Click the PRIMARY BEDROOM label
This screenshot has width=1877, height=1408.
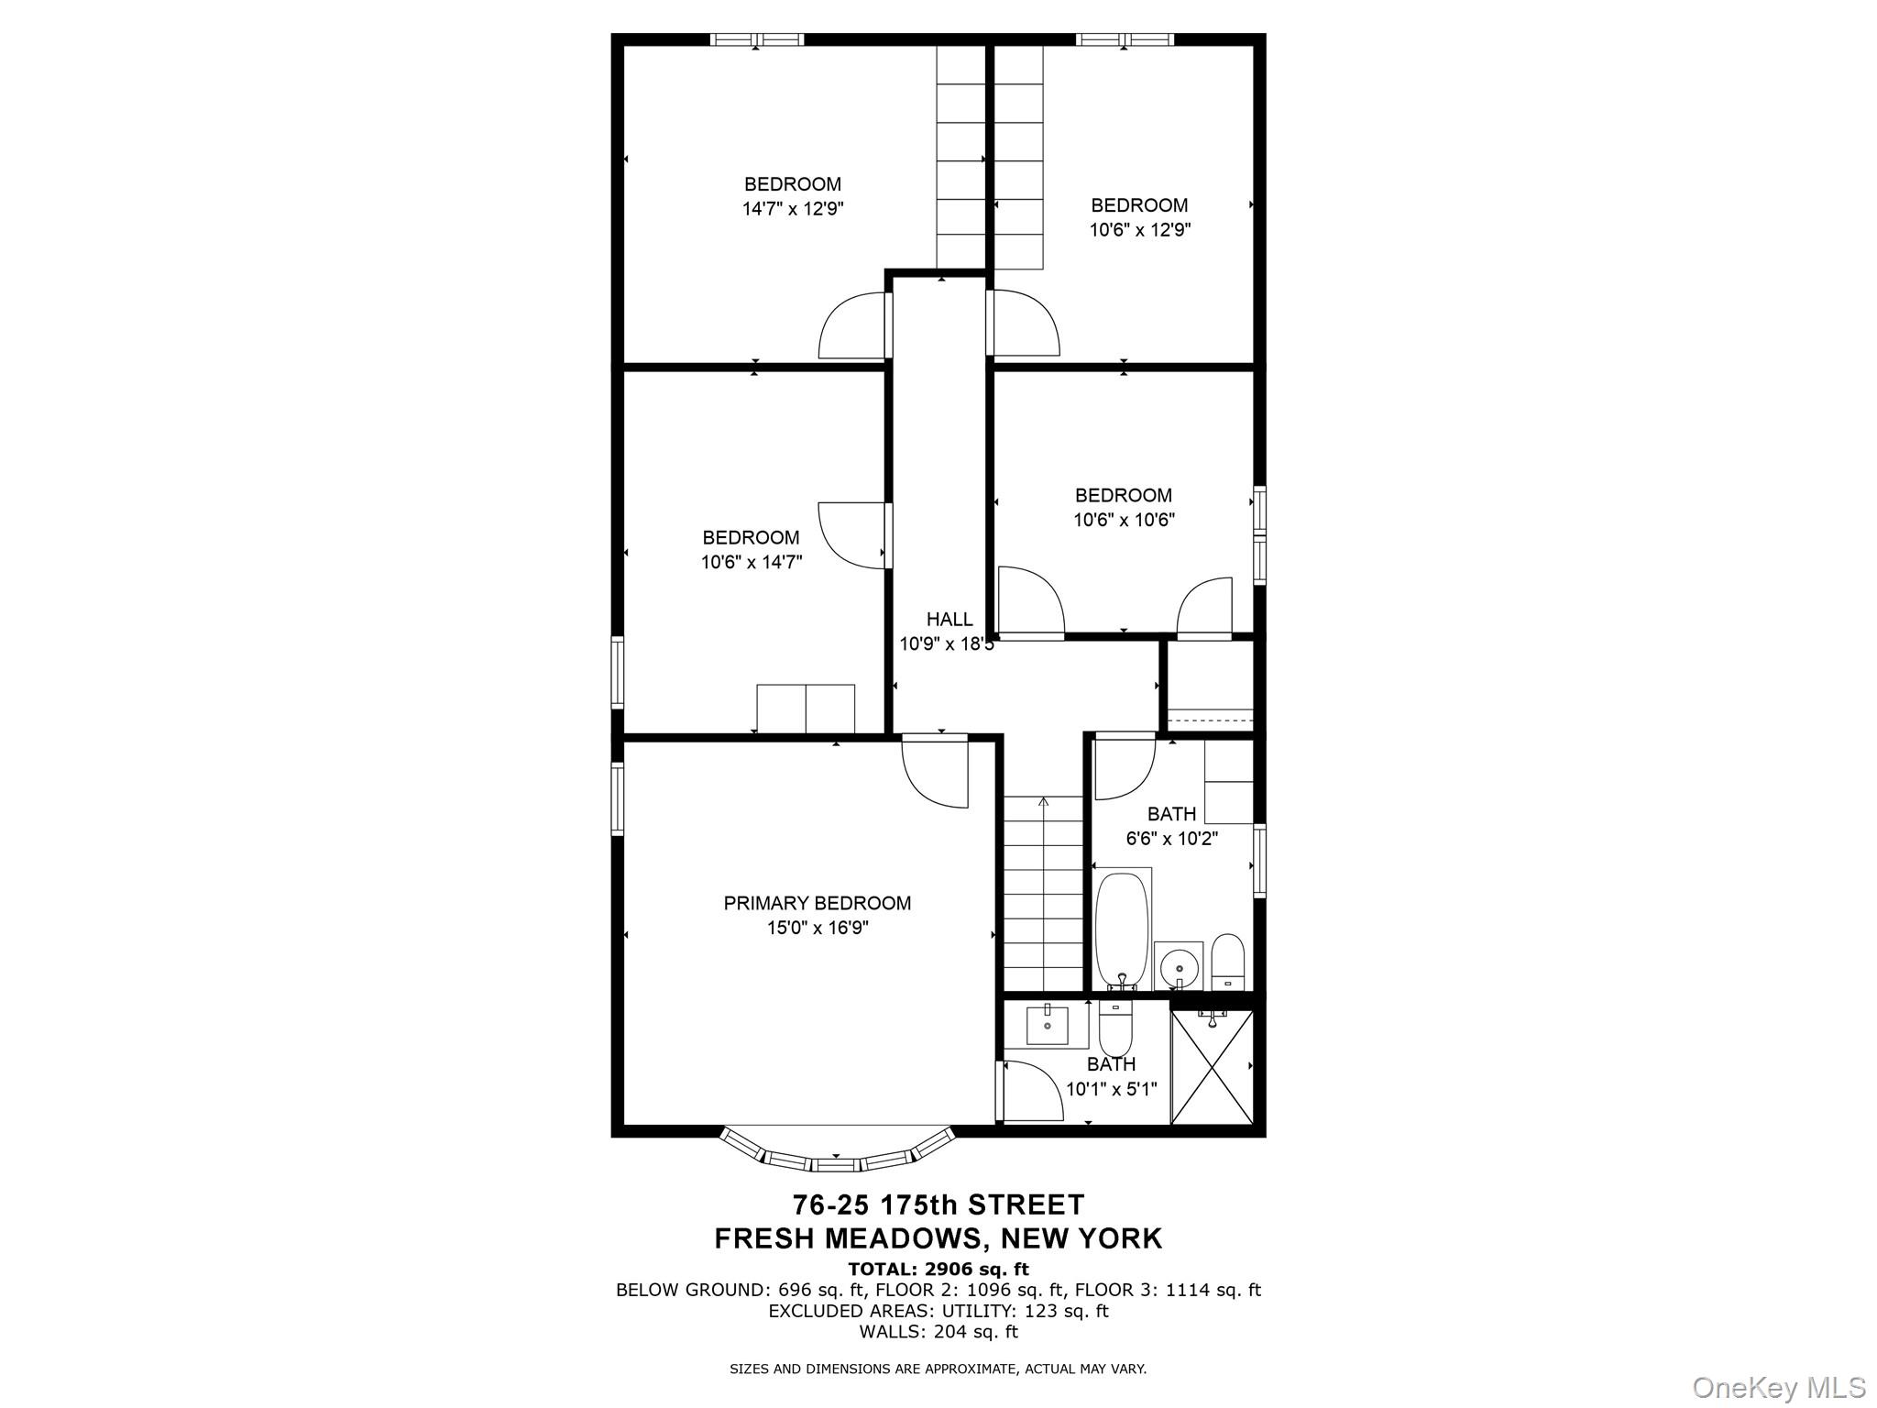tap(817, 903)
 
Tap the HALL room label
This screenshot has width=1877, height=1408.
tap(949, 620)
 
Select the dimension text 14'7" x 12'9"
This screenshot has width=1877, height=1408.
tap(792, 209)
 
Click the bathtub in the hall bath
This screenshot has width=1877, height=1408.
tap(1121, 930)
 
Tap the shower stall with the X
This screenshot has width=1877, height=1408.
tap(1212, 1067)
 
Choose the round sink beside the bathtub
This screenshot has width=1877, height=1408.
tap(1175, 966)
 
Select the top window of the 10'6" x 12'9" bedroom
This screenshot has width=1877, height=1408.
tap(1124, 39)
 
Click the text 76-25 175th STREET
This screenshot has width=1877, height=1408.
tap(938, 1204)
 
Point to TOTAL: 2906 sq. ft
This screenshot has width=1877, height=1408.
tap(938, 1270)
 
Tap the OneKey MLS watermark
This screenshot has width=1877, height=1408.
tap(1777, 1387)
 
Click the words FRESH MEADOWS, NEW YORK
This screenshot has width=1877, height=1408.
tap(938, 1238)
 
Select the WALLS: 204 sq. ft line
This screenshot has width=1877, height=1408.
tap(938, 1332)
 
